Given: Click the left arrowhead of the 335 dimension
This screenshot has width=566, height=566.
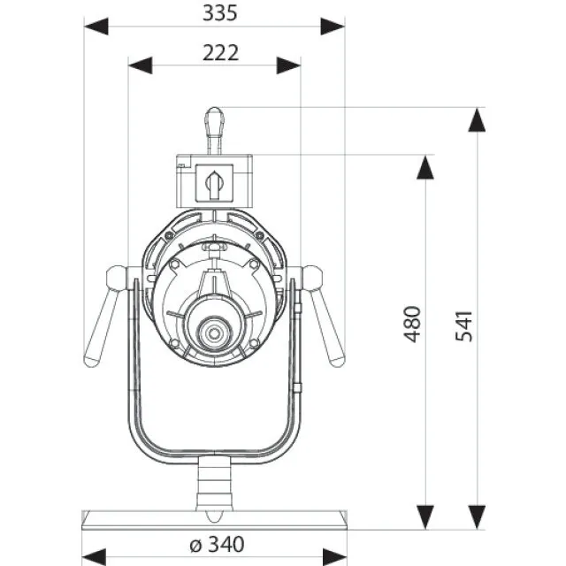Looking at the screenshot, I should (96, 27).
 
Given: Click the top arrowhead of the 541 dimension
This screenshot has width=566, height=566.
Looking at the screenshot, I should (478, 119).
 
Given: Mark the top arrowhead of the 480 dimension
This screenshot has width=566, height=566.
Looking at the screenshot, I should (425, 167).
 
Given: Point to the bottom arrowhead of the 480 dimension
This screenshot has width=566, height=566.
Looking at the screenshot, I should (425, 513).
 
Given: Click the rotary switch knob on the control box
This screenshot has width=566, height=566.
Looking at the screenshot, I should (214, 183).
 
